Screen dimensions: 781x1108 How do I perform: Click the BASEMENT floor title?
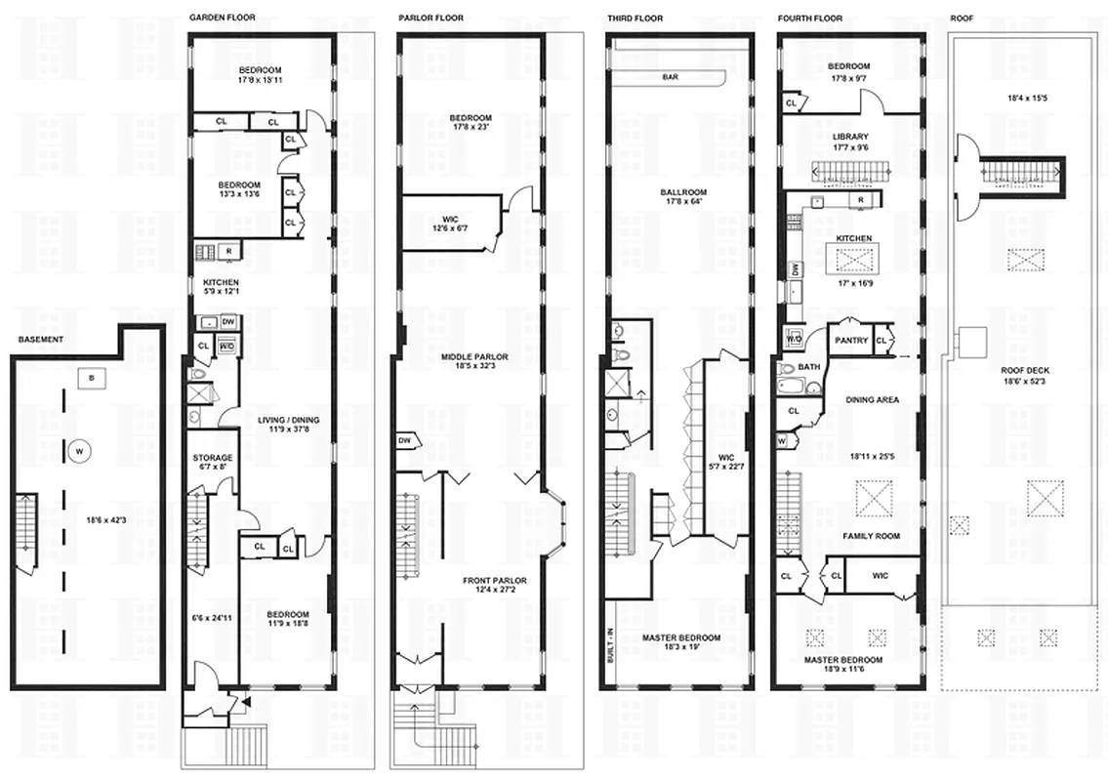(41, 339)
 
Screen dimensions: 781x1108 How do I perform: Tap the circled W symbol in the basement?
(78, 451)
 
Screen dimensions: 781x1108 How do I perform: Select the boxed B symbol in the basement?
(92, 376)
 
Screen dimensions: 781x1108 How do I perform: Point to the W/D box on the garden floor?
(226, 347)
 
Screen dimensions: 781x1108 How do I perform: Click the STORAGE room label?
(212, 458)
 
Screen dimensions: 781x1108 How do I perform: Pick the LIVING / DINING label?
(288, 421)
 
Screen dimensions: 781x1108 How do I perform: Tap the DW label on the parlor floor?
(404, 441)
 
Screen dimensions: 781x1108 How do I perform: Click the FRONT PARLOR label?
(494, 581)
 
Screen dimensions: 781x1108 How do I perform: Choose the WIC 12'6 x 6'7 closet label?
(450, 223)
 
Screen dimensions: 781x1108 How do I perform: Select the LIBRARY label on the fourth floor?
(850, 137)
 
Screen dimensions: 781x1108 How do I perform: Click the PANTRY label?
(847, 340)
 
